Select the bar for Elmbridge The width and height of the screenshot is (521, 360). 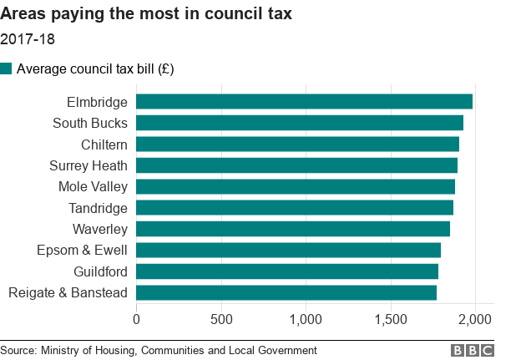click(304, 102)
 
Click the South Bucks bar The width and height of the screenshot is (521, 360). click(299, 123)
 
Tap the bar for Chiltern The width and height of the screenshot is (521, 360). click(297, 144)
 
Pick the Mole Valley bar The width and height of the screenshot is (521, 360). click(295, 186)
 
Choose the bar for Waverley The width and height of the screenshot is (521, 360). click(292, 229)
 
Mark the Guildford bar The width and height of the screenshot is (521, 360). click(286, 271)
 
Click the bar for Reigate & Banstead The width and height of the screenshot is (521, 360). click(286, 292)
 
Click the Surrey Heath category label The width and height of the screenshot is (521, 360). click(89, 165)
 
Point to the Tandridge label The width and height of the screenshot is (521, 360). click(98, 208)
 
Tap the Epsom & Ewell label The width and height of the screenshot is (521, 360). click(82, 251)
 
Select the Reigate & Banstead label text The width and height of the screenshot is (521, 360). click(68, 292)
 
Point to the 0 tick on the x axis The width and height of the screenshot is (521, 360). click(136, 318)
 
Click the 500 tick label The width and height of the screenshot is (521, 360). click(220, 318)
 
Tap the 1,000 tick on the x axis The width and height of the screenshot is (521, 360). click(306, 318)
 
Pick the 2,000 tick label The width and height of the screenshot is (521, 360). click(475, 318)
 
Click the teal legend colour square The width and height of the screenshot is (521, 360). click(7, 68)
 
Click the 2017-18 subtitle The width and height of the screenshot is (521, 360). click(28, 38)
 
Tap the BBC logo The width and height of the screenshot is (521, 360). click(473, 350)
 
